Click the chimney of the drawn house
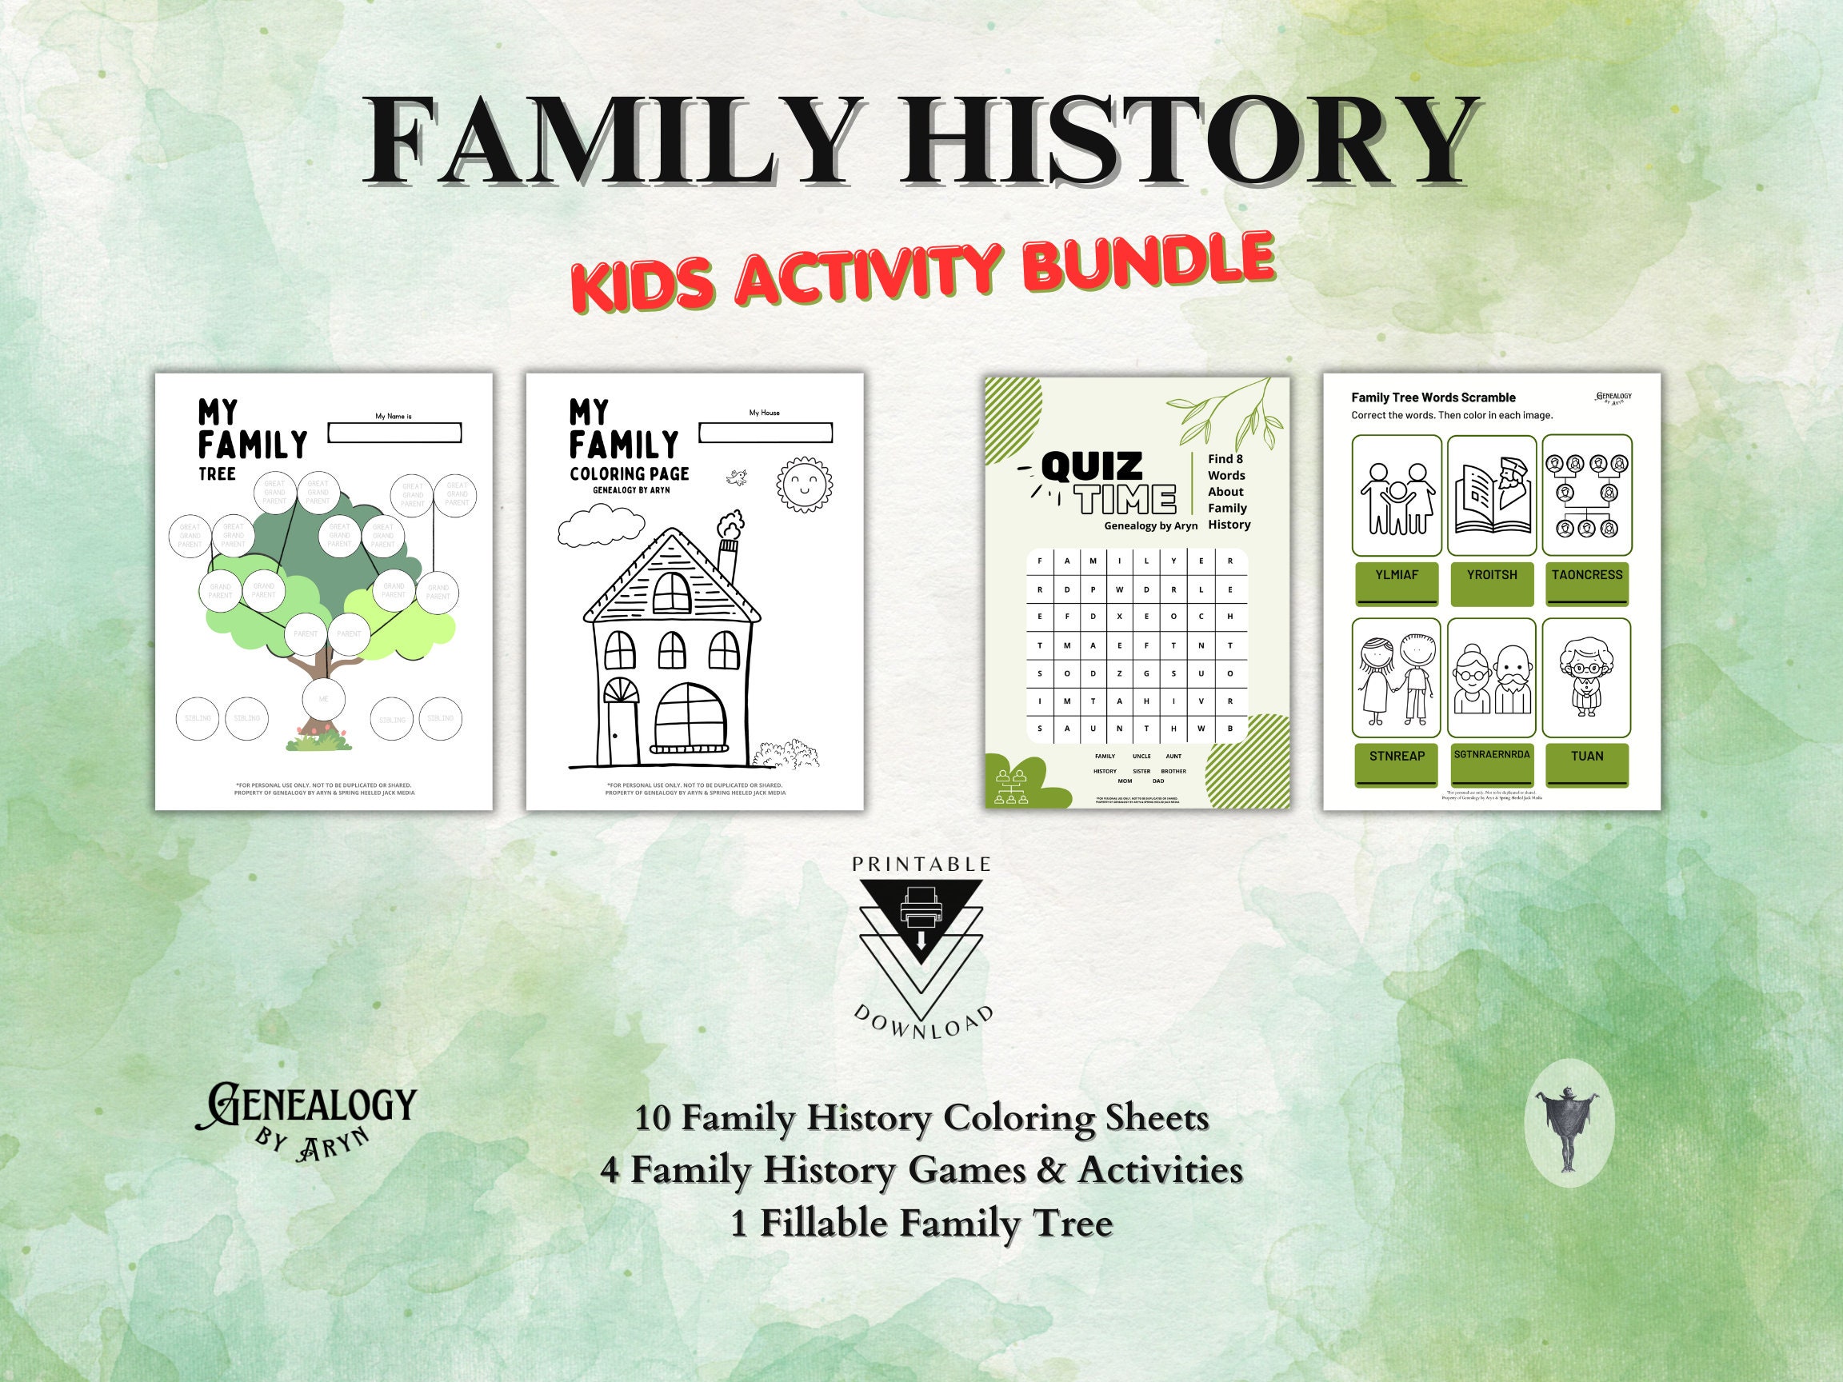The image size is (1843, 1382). tap(728, 561)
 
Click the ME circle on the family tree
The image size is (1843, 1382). tap(324, 700)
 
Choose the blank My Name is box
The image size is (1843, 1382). tap(394, 433)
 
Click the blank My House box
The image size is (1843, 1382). tap(765, 433)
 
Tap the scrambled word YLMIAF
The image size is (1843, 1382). tap(1397, 575)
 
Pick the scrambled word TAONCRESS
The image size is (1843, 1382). tap(1586, 575)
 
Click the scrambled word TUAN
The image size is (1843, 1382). tap(1586, 756)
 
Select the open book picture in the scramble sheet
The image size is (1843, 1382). tap(1491, 497)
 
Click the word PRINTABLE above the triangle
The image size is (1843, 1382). tap(921, 865)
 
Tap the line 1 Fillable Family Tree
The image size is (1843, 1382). tap(921, 1224)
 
